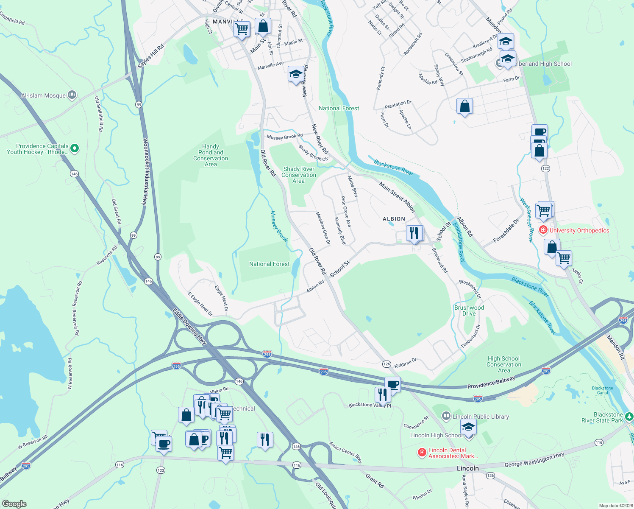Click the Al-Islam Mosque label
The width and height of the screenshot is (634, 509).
(43, 95)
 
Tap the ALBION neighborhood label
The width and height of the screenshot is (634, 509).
(394, 219)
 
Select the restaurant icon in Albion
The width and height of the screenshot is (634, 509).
(414, 233)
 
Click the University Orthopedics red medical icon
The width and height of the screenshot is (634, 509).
(543, 230)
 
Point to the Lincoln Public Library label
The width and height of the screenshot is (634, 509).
(481, 417)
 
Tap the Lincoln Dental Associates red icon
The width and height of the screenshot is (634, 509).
(422, 453)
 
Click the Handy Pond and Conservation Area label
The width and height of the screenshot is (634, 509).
(211, 155)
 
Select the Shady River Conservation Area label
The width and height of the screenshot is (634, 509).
(299, 175)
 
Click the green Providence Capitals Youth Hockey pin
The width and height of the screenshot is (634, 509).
(75, 148)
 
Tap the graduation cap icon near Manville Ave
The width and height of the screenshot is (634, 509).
(295, 75)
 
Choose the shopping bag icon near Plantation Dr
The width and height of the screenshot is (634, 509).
(464, 106)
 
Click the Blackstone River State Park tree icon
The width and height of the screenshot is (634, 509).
(629, 417)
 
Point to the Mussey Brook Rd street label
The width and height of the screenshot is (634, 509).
(284, 137)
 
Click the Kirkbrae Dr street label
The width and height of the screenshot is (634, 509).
(405, 363)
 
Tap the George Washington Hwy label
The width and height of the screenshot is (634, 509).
(534, 460)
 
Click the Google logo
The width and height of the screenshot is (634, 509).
(14, 504)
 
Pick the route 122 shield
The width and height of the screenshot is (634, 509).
(545, 168)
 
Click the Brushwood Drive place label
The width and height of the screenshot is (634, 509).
(469, 310)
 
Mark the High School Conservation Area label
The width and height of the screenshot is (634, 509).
(503, 364)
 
